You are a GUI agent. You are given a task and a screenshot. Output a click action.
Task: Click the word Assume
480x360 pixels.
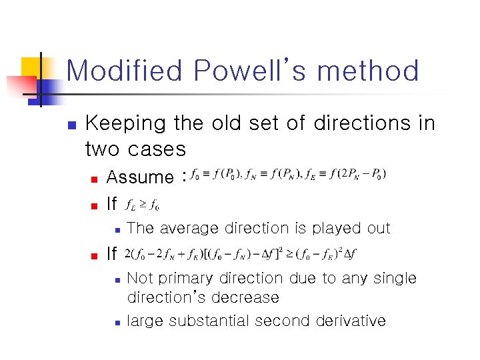tap(139, 177)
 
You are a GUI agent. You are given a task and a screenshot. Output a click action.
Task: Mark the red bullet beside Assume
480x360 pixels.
tap(94, 179)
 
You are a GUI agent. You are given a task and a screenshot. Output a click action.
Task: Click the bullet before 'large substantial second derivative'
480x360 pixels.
tap(116, 322)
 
